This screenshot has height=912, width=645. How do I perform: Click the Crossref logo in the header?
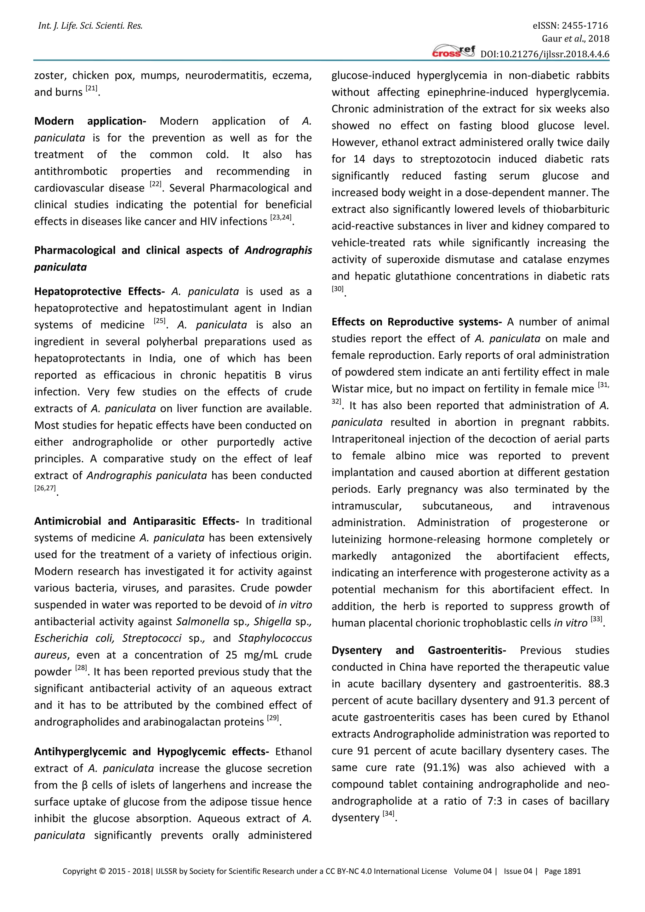453,52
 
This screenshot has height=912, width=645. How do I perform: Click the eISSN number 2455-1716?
584,26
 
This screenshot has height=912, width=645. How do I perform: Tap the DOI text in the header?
545,54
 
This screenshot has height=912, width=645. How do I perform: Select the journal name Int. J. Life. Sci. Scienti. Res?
90,26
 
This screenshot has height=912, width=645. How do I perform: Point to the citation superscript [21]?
91,88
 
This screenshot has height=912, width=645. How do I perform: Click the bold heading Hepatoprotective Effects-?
99,292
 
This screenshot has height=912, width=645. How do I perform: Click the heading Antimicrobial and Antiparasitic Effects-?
137,521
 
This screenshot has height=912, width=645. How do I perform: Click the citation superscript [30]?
338,289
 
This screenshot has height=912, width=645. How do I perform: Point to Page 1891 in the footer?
562,871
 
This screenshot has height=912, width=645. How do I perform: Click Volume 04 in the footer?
473,871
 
